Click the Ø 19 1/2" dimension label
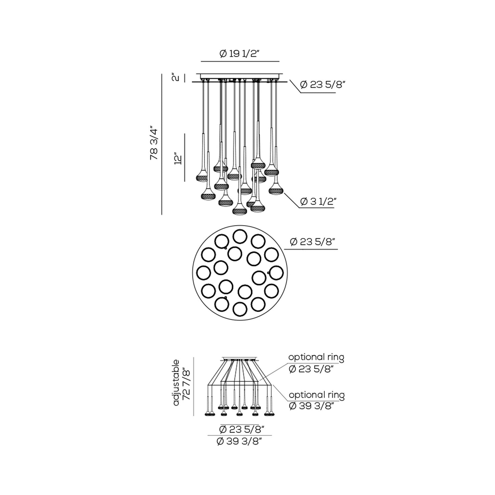point(240,54)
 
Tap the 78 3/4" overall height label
point(154,144)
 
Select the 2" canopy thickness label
point(175,77)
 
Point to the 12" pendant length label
point(177,159)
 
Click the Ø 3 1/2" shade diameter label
point(317,202)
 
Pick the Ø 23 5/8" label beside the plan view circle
point(312,242)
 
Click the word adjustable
point(176,382)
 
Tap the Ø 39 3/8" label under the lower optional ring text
point(311,406)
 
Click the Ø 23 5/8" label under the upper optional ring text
point(311,370)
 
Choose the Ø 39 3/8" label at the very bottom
point(239,442)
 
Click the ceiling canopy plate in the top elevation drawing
point(240,76)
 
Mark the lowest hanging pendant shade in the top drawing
point(240,211)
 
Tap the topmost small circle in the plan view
point(240,236)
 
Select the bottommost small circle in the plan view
point(239,310)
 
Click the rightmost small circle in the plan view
point(276,273)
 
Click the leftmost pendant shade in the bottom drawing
point(207,414)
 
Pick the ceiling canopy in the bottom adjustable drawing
point(239,359)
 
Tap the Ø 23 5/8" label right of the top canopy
point(321,85)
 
